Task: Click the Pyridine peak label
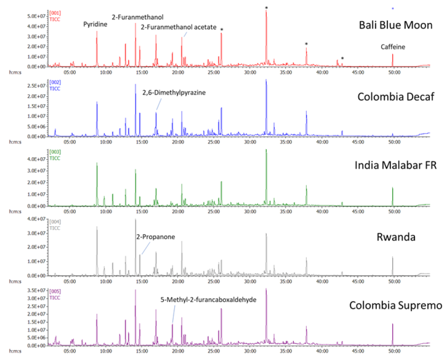96,24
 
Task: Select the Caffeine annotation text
393,47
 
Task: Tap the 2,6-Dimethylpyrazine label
174,93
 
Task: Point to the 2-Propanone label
158,235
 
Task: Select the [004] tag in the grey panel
56,222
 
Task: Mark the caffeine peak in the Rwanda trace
393,258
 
